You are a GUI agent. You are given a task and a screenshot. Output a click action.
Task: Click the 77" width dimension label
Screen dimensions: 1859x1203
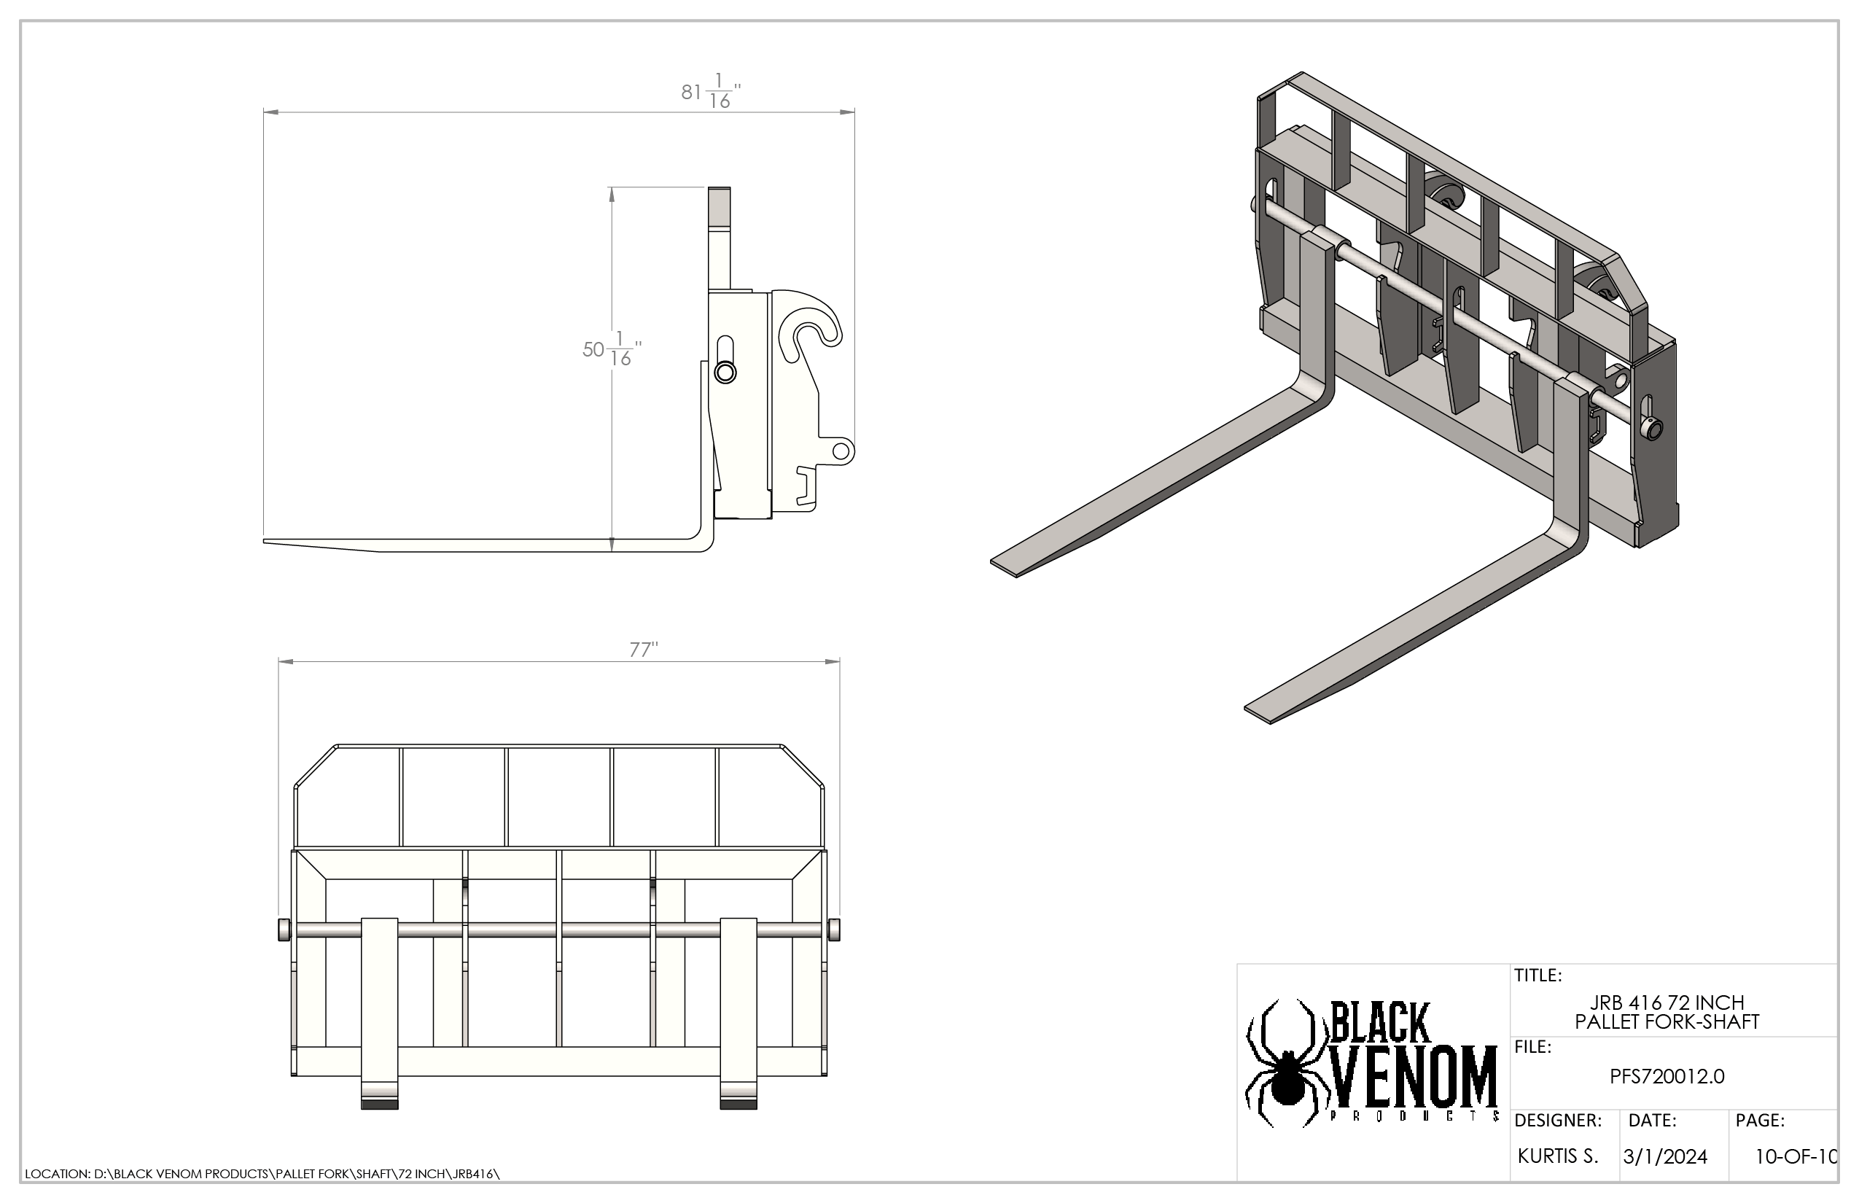[644, 649]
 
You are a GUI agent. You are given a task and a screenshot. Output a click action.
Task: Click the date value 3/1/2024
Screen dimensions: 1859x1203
[1665, 1157]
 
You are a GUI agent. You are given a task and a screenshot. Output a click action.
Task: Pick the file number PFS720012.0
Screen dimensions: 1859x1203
[1667, 1076]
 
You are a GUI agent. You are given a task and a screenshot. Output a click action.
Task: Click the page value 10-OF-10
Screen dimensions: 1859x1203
[1796, 1157]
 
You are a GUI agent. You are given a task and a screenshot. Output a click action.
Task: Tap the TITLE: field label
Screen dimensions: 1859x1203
[1538, 975]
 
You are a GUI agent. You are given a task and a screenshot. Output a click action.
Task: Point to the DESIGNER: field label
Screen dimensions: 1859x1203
[1557, 1120]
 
